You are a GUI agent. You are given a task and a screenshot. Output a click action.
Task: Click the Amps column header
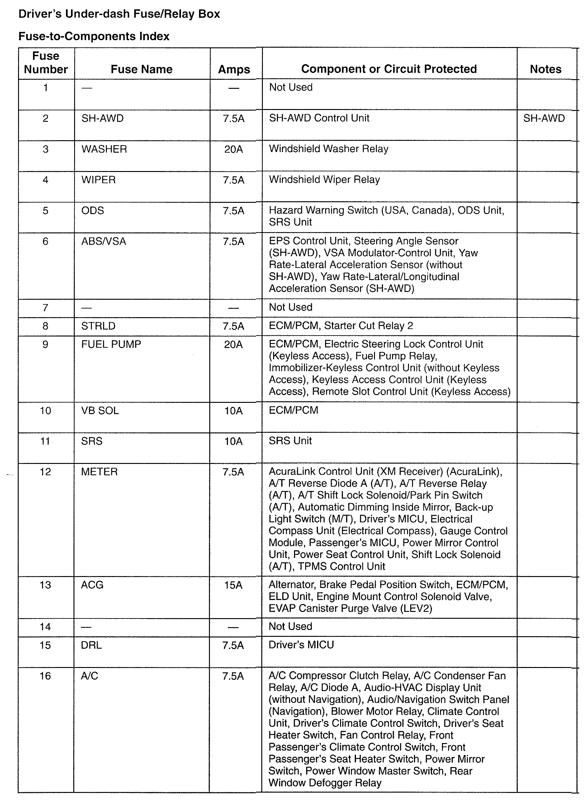[x=234, y=69]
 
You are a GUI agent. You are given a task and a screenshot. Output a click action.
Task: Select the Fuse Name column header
[x=141, y=69]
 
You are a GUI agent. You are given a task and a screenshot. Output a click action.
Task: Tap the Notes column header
[x=545, y=69]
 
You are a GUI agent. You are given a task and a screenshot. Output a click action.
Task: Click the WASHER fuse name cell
[x=104, y=149]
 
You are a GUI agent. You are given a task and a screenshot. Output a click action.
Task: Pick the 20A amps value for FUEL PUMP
[x=233, y=344]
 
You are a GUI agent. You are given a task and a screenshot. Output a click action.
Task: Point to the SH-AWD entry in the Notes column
[x=544, y=118]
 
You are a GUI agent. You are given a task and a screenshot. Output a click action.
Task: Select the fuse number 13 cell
[x=45, y=585]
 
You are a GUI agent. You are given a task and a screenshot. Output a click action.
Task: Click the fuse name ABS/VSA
[x=104, y=241]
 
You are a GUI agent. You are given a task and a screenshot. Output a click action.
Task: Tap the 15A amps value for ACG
[x=233, y=585]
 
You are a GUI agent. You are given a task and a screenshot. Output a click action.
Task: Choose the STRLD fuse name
[x=98, y=326]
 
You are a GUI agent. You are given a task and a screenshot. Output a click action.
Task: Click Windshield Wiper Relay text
[x=324, y=179]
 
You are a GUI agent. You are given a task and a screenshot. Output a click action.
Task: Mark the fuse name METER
[x=99, y=472]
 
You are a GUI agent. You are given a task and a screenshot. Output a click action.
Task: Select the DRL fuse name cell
[x=91, y=645]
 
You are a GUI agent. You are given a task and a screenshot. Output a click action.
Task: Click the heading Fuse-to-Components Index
[x=94, y=36]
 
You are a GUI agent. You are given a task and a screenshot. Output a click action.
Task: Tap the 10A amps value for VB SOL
[x=233, y=411]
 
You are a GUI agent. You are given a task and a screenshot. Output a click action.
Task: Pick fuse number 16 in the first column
[x=45, y=676]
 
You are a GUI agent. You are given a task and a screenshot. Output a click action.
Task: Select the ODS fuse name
[x=92, y=210]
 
